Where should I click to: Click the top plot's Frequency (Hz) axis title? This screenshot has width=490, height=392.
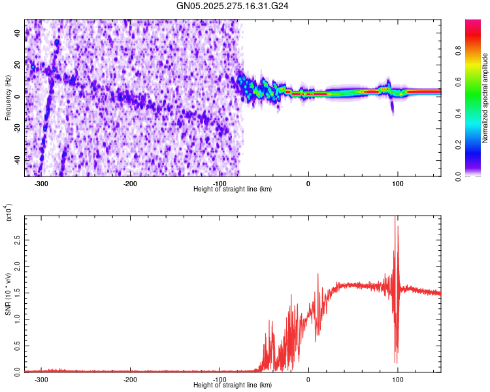point(7,98)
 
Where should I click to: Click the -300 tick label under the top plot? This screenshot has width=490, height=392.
point(41,184)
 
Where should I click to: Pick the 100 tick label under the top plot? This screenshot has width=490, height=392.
point(397,184)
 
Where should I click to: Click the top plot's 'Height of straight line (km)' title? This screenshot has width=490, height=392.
point(233,189)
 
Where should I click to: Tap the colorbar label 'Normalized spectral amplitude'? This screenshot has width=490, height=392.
point(485,98)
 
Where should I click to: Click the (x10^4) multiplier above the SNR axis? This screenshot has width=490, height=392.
point(8,213)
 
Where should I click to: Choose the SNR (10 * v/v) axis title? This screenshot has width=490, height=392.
point(8,294)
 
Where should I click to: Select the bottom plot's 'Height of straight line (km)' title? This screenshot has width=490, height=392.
point(233,385)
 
